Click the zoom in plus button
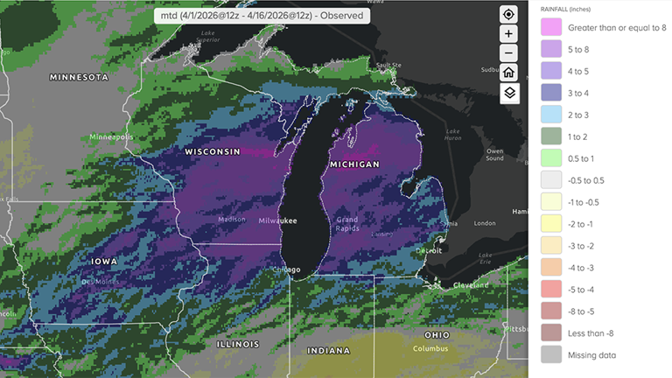point(509,34)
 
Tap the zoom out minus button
point(509,53)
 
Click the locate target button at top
point(509,15)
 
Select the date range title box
point(262,16)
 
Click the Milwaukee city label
point(277,220)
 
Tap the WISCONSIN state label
point(212,152)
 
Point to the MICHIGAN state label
point(354,164)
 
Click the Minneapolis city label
point(111,137)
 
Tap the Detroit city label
point(428,251)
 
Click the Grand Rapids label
point(347,224)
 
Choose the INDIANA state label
point(328,351)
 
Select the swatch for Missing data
point(551,354)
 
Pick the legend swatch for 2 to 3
point(551,114)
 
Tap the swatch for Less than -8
point(551,332)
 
